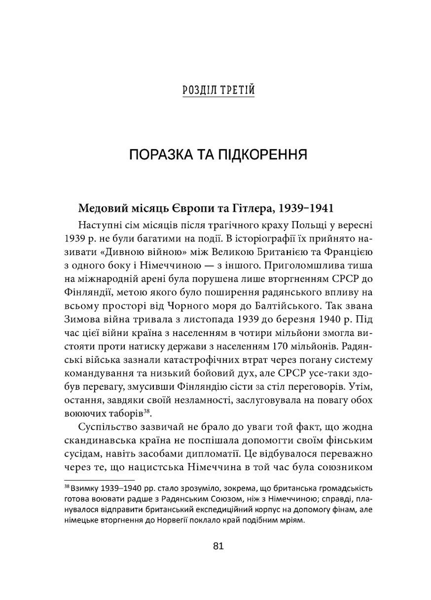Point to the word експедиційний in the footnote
207,511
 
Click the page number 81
218,546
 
